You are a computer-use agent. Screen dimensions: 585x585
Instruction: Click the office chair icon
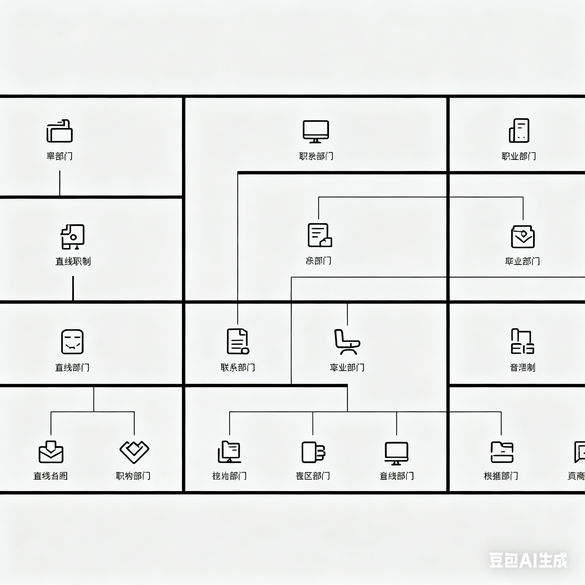(x=347, y=342)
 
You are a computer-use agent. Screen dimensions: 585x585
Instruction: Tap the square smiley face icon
(x=72, y=342)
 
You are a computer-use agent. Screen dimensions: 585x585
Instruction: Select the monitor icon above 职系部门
(x=316, y=131)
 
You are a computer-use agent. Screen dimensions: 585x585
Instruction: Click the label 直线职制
(x=73, y=261)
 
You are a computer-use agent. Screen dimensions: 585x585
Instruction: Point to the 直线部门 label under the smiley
(x=72, y=367)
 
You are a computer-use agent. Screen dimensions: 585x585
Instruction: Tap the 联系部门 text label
(x=238, y=367)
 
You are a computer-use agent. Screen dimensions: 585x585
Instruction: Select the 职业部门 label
(x=519, y=156)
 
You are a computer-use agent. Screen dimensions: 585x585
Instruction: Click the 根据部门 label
(x=501, y=476)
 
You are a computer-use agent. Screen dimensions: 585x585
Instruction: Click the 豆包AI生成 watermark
(x=528, y=560)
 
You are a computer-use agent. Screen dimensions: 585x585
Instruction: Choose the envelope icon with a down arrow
(x=51, y=452)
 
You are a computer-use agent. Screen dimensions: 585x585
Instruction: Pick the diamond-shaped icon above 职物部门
(x=134, y=452)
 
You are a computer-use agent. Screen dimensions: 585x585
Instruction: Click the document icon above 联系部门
(x=238, y=341)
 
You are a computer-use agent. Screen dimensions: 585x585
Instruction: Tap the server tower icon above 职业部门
(x=519, y=131)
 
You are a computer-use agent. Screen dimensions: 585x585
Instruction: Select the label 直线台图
(x=50, y=476)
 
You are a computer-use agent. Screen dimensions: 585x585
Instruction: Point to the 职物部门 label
(x=133, y=476)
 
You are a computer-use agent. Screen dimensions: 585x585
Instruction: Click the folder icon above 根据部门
(x=502, y=452)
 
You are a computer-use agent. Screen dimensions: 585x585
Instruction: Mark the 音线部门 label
(x=397, y=476)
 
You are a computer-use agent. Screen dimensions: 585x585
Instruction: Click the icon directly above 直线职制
(x=73, y=237)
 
